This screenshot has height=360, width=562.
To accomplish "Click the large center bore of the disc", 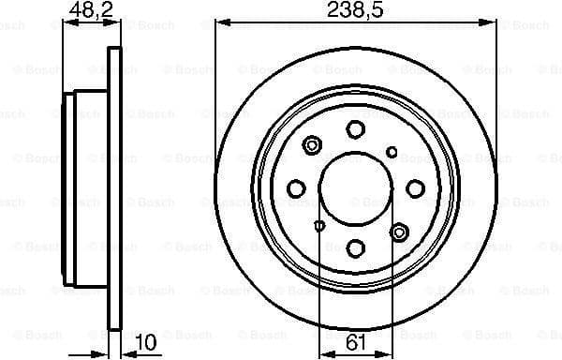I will (356, 187).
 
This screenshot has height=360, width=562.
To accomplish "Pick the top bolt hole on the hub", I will (356, 129).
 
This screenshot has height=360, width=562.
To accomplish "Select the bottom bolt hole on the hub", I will (356, 247).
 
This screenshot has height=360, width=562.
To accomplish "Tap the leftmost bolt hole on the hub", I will (296, 189).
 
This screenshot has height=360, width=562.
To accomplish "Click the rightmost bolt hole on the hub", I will (416, 188).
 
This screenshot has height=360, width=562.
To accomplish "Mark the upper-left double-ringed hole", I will (313, 145).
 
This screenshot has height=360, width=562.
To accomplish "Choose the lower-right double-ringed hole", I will (400, 232).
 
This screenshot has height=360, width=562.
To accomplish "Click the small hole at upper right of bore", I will (392, 152).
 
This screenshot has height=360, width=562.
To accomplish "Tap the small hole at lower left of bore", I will (320, 225).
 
